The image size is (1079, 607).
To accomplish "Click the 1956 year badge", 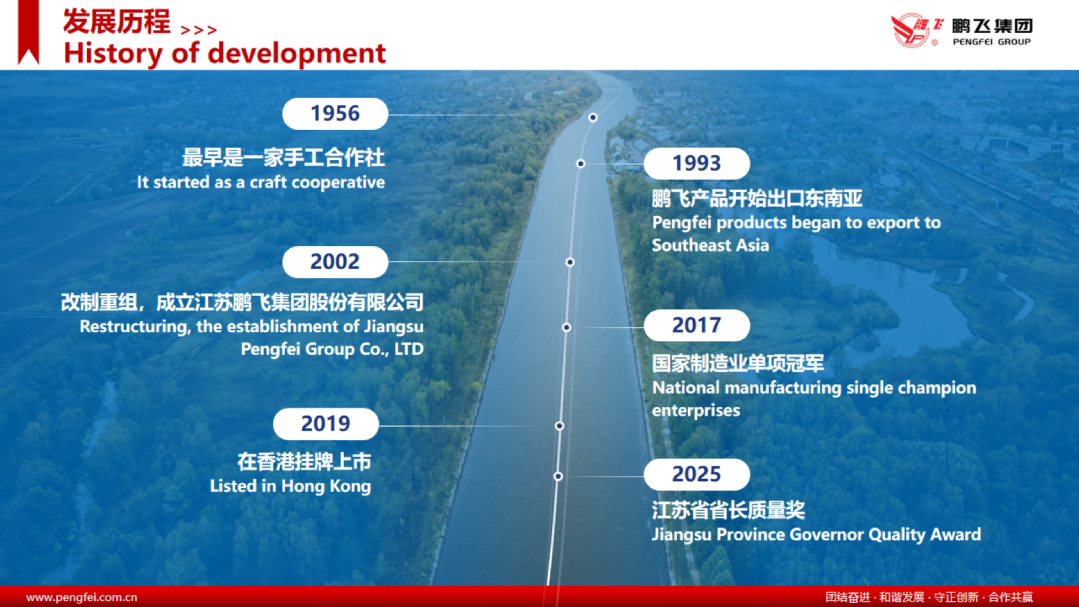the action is coord(335,114).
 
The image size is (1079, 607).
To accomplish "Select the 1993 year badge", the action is coord(697,163).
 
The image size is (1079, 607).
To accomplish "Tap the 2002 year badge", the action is coord(335,262).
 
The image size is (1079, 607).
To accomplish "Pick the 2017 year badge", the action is coord(697,325).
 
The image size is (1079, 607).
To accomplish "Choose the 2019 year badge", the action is coord(326,423).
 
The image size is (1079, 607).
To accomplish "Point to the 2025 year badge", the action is coord(697,474).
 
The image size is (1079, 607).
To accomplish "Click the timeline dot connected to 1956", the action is coord(593,117).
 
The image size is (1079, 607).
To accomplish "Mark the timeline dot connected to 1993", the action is coord(581,163).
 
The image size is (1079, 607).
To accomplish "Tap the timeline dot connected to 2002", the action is coord(570,262).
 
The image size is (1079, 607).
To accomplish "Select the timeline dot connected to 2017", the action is coord(566,327).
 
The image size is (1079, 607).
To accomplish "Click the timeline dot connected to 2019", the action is coord(559,426).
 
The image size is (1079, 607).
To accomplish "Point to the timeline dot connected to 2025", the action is coord(558,476).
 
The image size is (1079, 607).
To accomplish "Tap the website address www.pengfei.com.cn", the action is coord(82,597).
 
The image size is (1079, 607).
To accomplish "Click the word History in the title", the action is coord(113,54).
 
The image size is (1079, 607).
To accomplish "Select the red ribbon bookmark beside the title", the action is coord(28,32).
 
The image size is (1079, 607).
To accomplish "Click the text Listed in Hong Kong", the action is coord(290,486).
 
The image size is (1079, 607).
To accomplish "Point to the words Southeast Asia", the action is coord(710,245).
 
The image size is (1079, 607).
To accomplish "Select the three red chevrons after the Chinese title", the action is coord(199,30).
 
